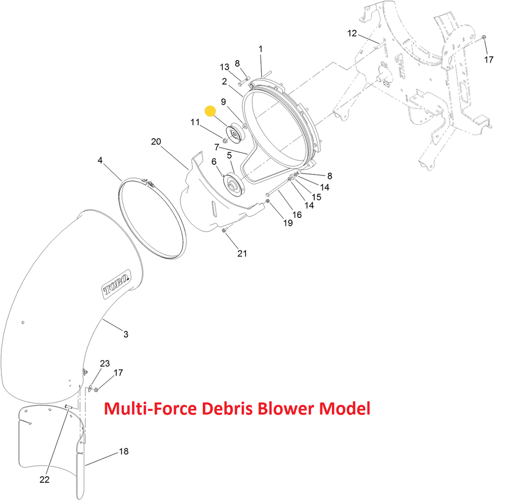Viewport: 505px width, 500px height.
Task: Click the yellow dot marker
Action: [x=211, y=111]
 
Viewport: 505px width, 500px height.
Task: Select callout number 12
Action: [x=352, y=34]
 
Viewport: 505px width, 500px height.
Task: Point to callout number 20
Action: [x=156, y=142]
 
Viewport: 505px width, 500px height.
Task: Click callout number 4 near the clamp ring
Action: [x=100, y=160]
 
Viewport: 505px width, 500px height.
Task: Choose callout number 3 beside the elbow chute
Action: [x=126, y=334]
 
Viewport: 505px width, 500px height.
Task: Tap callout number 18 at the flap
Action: [x=124, y=451]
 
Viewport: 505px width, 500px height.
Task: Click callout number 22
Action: [x=44, y=480]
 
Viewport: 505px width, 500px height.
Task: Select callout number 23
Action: [x=105, y=363]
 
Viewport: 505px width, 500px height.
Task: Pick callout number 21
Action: [x=242, y=253]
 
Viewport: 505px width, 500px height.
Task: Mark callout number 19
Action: [x=288, y=223]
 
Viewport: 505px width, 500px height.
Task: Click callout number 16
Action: [x=297, y=214]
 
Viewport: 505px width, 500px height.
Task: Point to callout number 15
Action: [x=316, y=197]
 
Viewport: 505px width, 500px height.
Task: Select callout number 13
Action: [x=224, y=67]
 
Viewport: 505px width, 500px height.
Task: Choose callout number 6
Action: [x=214, y=161]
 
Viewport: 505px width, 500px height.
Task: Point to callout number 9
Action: [x=223, y=102]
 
